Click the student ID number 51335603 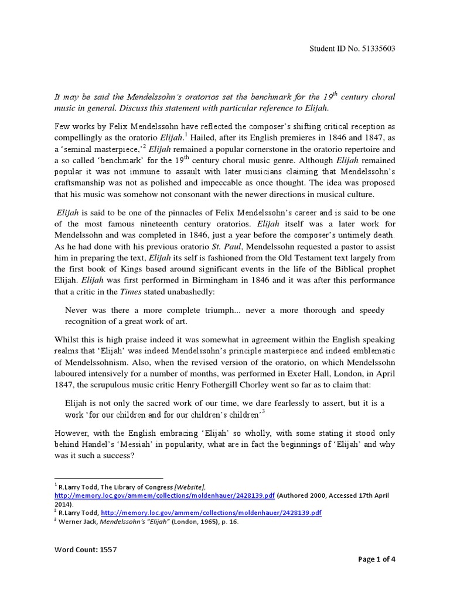coord(376,49)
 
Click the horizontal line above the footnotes coord(108,478)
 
